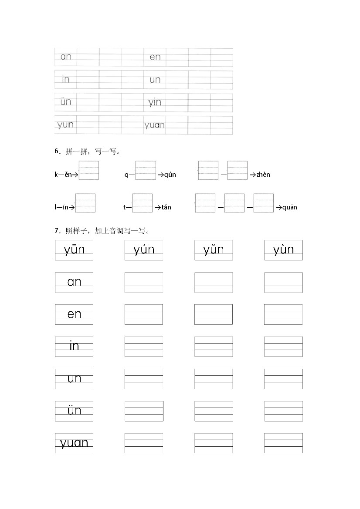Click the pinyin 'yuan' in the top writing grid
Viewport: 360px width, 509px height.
tap(154, 125)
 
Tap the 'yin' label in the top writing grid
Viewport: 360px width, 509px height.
tap(155, 102)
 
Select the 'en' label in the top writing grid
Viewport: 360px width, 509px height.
tap(155, 57)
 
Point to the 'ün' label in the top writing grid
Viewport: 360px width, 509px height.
tap(66, 102)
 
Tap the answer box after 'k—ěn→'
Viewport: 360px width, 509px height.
tap(89, 170)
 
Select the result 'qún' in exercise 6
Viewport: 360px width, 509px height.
tap(170, 175)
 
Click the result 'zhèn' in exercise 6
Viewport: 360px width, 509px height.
tap(263, 175)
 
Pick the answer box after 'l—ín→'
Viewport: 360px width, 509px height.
tap(85, 203)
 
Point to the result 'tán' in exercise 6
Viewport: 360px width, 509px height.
tap(166, 207)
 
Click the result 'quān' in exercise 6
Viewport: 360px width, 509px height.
tap(290, 207)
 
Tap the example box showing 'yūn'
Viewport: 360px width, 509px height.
tap(74, 250)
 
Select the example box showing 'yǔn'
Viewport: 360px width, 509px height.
tap(214, 250)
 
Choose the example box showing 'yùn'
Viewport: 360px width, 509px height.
tap(283, 250)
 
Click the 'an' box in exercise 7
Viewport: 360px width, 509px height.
tap(74, 282)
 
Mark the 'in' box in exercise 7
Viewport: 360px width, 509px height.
tap(74, 347)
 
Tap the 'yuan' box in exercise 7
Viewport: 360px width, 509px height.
tap(74, 443)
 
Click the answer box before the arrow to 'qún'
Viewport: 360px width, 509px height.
tap(146, 170)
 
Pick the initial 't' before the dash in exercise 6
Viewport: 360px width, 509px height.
tap(124, 207)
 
